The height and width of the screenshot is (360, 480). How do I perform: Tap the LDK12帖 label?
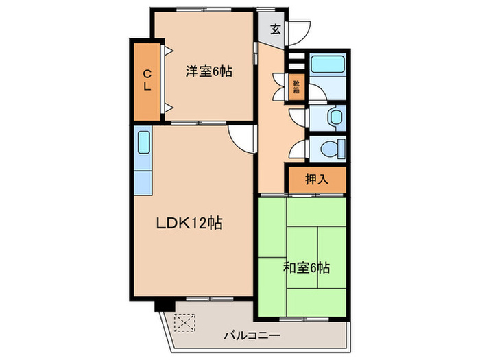coord(190,224)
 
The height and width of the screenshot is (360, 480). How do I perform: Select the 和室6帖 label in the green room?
coord(307,267)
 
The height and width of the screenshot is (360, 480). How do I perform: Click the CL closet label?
coord(147,80)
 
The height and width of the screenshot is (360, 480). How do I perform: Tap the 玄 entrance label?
coord(275,29)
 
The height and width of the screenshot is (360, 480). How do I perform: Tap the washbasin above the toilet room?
coord(335,117)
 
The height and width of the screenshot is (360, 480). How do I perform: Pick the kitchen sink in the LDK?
coord(143,144)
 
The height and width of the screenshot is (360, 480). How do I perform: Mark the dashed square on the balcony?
coord(185,321)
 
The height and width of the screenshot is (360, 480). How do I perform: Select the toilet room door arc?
coord(298,149)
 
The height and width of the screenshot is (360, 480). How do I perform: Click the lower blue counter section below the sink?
coord(143,182)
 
